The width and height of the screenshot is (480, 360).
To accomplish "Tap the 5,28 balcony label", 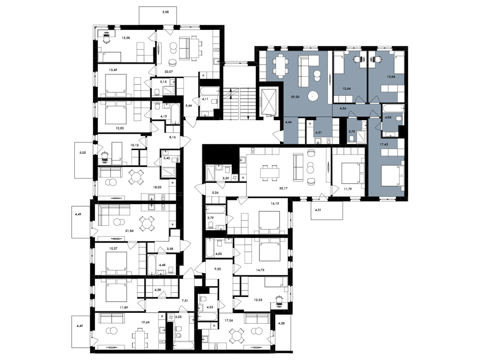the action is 165,12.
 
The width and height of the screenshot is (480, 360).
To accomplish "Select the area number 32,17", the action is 283,188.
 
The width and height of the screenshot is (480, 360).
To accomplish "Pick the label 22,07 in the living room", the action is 168,71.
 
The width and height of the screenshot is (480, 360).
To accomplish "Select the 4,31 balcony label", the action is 318,210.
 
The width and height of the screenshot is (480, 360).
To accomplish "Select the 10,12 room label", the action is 135,145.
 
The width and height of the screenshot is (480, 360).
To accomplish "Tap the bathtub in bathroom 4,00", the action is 210,248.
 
